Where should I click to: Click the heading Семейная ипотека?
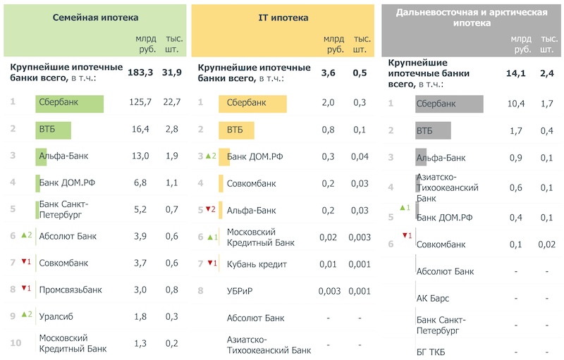pyautogui.click(x=95, y=17)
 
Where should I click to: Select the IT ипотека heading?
pyautogui.click(x=283, y=17)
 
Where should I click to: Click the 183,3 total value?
pyautogui.click(x=140, y=72)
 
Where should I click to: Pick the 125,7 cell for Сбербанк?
pyautogui.click(x=140, y=103)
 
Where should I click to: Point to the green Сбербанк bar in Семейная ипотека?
pyautogui.click(x=69, y=103)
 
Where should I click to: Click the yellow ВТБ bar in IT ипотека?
pyautogui.click(x=240, y=130)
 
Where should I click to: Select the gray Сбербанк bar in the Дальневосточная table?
pyautogui.click(x=448, y=104)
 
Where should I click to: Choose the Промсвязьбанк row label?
pyautogui.click(x=70, y=290)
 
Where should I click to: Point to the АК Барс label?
pyautogui.click(x=433, y=298)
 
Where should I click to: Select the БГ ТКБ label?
pyautogui.click(x=431, y=351)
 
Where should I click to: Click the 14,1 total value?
pyautogui.click(x=517, y=73)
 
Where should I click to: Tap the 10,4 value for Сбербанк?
pyautogui.click(x=516, y=104)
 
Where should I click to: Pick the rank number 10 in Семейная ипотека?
pyautogui.click(x=16, y=343)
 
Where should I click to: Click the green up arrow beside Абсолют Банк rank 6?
pyautogui.click(x=23, y=235)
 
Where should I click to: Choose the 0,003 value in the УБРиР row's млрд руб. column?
pyautogui.click(x=329, y=290)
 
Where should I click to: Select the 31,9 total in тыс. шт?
pyautogui.click(x=172, y=72)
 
